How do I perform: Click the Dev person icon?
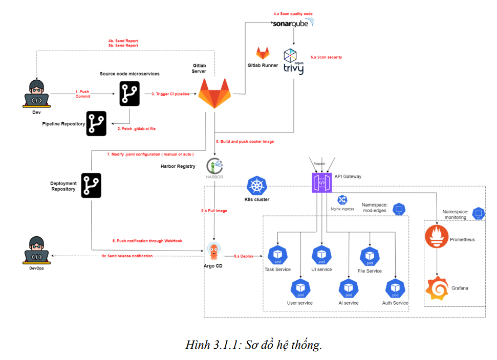(36, 94)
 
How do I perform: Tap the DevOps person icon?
(36, 250)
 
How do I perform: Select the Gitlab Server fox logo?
(214, 94)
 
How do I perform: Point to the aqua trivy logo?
(293, 62)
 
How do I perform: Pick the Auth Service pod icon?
(395, 288)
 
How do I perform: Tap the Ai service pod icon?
(348, 288)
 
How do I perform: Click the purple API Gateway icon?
(322, 183)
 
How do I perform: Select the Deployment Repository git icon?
(91, 186)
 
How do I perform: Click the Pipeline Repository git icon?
(96, 123)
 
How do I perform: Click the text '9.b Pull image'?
(214, 211)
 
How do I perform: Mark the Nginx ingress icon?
(342, 200)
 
